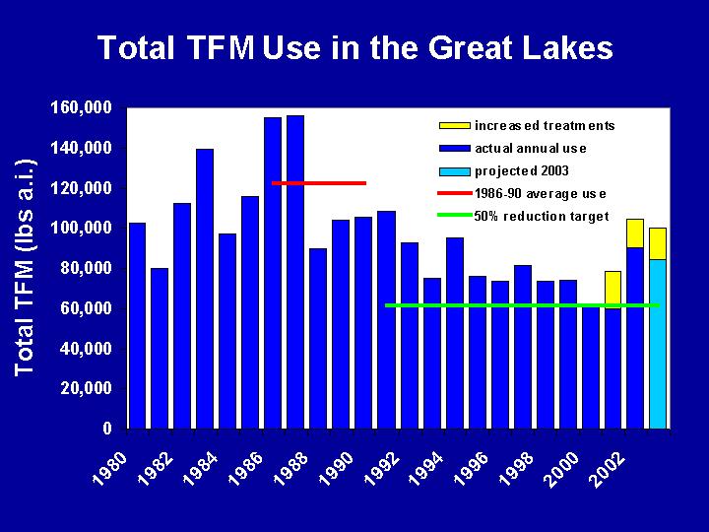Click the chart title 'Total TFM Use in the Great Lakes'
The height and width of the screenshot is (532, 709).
click(x=354, y=48)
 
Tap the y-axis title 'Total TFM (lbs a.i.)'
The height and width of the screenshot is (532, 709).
click(x=25, y=268)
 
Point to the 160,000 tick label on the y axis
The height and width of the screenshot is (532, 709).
click(x=82, y=107)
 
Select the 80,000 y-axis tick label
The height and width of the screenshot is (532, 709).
click(x=86, y=268)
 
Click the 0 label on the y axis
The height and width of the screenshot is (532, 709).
click(x=107, y=428)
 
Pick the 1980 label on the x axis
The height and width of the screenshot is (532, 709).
click(x=109, y=470)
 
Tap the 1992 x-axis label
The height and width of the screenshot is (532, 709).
click(x=382, y=470)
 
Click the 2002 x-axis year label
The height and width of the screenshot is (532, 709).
click(x=609, y=470)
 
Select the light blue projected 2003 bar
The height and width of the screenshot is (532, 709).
click(x=658, y=344)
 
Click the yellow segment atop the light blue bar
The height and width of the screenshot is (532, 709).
click(x=658, y=244)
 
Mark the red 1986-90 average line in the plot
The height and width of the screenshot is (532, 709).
click(x=319, y=183)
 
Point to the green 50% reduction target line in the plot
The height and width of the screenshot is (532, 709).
click(x=522, y=305)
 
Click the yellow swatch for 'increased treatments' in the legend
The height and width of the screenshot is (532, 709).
click(x=454, y=125)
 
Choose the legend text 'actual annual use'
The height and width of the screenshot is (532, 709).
click(x=531, y=149)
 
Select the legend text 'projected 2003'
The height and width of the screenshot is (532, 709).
click(x=521, y=171)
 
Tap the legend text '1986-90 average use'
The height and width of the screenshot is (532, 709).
click(x=541, y=194)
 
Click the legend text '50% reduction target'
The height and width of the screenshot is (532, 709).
click(x=542, y=216)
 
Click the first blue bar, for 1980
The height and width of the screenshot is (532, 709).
click(x=137, y=326)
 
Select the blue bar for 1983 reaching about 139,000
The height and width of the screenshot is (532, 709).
click(x=205, y=289)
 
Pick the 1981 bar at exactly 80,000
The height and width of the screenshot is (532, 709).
click(x=160, y=349)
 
